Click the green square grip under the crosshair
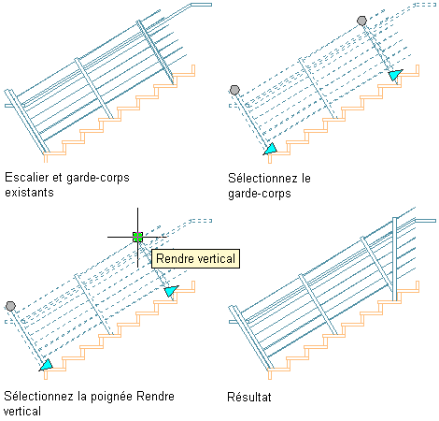tap(137, 237)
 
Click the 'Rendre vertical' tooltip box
tap(195, 258)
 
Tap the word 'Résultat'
tap(249, 397)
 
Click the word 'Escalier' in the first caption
tap(27, 177)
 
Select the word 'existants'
tap(29, 192)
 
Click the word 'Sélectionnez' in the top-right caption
tap(262, 178)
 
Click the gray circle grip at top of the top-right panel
tap(361, 21)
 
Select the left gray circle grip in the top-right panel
tap(234, 90)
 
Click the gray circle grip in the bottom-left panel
tap(10, 306)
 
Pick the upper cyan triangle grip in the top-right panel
tap(395, 75)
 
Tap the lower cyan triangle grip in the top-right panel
tap(270, 149)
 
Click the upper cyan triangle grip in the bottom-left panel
tap(171, 291)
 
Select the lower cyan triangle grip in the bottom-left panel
tap(46, 365)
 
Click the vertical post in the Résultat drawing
tap(394, 259)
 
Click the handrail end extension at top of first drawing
tap(201, 5)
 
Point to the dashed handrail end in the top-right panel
tap(425, 5)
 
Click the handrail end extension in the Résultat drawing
tap(425, 221)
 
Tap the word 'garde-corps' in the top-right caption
tap(260, 194)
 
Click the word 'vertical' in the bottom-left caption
tap(22, 411)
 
